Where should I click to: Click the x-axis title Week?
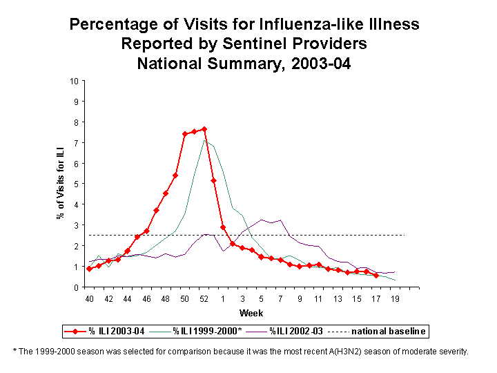pos(246,314)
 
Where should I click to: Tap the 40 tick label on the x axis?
pos(89,299)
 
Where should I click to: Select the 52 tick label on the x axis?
pos(204,299)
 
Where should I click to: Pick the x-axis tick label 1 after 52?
pos(223,299)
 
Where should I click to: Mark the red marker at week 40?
pos(89,269)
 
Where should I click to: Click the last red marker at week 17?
pos(376,275)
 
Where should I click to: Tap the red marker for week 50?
pos(185,134)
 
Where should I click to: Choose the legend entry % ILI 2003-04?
pos(104,332)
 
